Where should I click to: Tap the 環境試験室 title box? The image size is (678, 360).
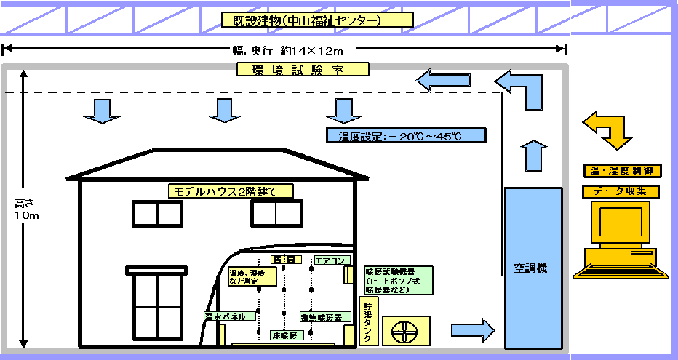[x=303, y=70]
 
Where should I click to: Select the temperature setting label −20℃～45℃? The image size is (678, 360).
[x=405, y=135]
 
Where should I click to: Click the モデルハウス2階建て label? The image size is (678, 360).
[x=231, y=191]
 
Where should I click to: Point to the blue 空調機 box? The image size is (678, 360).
[x=533, y=267]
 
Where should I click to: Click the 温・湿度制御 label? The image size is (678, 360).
[x=622, y=171]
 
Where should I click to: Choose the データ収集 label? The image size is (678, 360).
[x=622, y=191]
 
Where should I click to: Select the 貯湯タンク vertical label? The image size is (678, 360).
[x=369, y=321]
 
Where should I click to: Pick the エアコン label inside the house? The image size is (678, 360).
[x=332, y=260]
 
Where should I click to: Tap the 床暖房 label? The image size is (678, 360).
[x=284, y=336]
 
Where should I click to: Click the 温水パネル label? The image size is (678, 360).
[x=229, y=316]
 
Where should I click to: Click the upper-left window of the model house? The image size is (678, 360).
[x=157, y=213]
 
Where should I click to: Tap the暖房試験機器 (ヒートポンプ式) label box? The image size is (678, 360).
[x=398, y=280]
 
